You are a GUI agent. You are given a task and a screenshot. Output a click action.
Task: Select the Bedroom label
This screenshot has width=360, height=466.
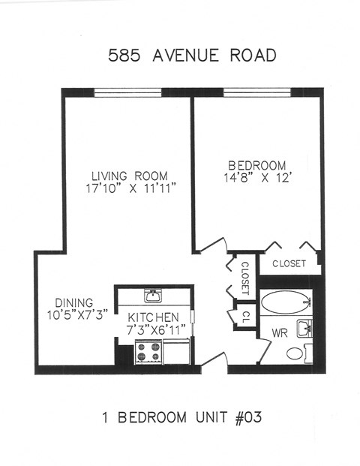[257, 165]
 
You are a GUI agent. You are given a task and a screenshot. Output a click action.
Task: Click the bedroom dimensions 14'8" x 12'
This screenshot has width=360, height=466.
[257, 179]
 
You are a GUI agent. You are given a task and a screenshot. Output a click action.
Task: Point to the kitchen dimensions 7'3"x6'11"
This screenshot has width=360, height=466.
[153, 329]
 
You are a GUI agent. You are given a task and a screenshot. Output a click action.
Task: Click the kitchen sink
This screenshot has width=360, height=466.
[153, 294]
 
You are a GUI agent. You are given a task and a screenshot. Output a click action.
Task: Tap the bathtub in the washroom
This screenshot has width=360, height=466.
[286, 303]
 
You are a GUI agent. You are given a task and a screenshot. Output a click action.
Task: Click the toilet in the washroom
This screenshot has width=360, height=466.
[295, 353]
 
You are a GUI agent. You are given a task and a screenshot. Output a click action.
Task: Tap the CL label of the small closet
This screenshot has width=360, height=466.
[244, 315]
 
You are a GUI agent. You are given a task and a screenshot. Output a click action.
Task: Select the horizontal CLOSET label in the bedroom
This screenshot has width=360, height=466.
[289, 263]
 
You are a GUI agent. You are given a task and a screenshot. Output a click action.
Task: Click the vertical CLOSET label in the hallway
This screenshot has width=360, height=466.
[244, 278]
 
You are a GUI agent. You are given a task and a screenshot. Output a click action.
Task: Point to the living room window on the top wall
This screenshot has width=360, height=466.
[127, 92]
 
